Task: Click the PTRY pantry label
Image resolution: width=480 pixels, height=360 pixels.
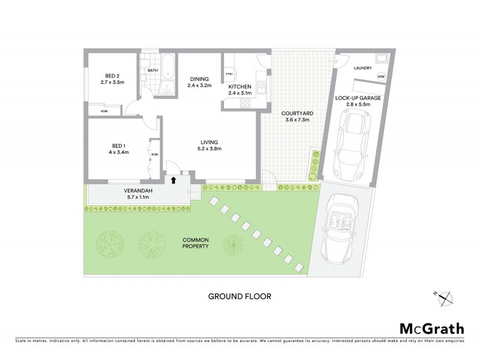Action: point(229,74)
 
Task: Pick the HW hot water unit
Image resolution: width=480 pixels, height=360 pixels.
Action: point(381,77)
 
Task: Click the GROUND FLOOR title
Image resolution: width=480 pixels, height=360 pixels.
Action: point(239,296)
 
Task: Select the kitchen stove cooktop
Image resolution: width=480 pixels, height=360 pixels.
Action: point(245,103)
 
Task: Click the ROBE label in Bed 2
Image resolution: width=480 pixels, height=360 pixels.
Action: point(104,111)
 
